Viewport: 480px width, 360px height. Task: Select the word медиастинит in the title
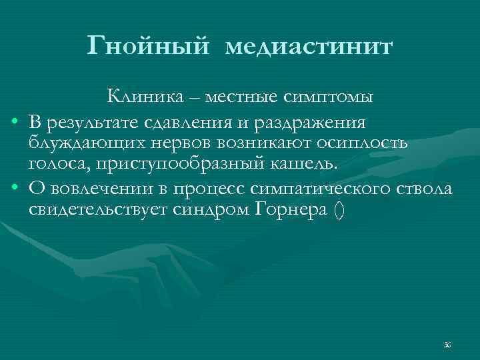(x=309, y=47)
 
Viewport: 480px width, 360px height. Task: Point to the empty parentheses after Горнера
(x=339, y=211)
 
